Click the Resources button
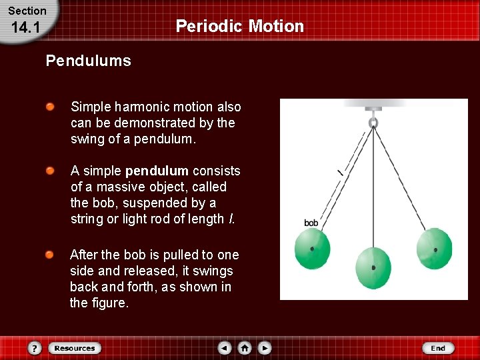(x=74, y=348)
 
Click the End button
(x=438, y=348)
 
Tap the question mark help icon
(x=35, y=348)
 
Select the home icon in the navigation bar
(x=245, y=348)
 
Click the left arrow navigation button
(x=225, y=348)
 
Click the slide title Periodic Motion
(x=239, y=26)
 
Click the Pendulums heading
(x=88, y=61)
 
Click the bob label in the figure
(x=311, y=223)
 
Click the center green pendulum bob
(x=373, y=267)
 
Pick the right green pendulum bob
(x=434, y=249)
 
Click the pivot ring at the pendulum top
(x=373, y=123)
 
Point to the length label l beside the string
(x=340, y=173)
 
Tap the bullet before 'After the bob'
(x=50, y=255)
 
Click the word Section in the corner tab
(x=27, y=11)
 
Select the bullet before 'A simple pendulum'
(x=50, y=171)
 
